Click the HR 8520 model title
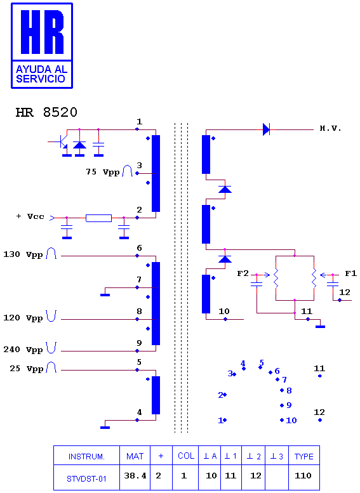coord(46,112)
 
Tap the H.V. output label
coord(330,128)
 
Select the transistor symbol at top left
coord(62,141)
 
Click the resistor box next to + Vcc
coord(99,218)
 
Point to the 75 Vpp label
coord(103,172)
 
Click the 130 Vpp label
coord(23,254)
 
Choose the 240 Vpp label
coord(23,350)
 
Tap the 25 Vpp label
coord(27,369)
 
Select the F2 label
coord(243,273)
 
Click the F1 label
coord(351,273)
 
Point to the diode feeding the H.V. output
coord(266,129)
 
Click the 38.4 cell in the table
coord(135,476)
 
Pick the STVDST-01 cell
coord(86,479)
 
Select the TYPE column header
coord(304,457)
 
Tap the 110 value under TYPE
coord(303,476)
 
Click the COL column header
coord(186,456)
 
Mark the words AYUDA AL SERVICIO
coord(41,74)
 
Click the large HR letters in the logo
coord(42,32)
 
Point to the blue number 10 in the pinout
coord(291,421)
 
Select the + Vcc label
coord(30,216)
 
